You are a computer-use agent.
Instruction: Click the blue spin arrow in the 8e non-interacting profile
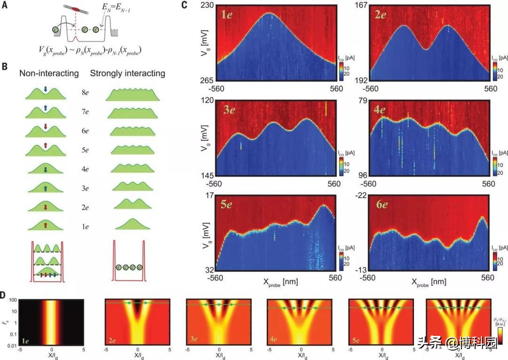(x=45, y=88)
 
